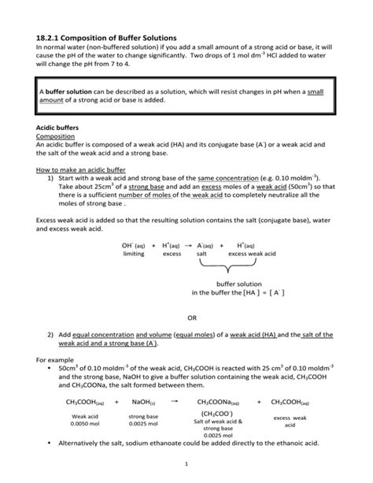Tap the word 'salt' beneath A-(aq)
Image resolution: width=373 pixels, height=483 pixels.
(202, 255)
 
